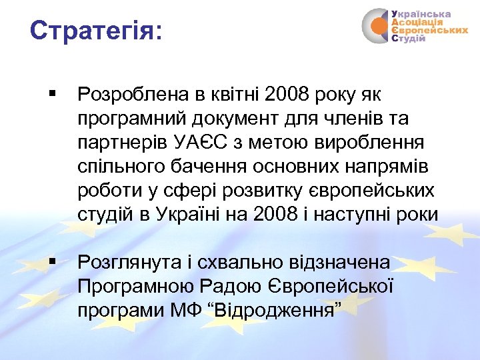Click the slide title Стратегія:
[x=96, y=31]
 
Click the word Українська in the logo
[x=421, y=13]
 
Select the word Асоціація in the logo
[x=417, y=22]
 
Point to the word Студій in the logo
[x=409, y=39]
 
